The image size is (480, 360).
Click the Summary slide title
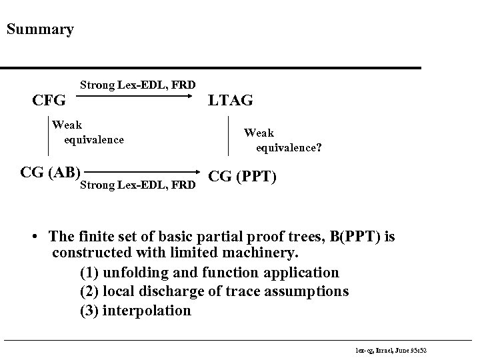point(39,30)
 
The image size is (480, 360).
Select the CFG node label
point(49,101)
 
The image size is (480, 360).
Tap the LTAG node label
point(231,101)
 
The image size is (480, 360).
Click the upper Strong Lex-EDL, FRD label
point(137,85)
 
